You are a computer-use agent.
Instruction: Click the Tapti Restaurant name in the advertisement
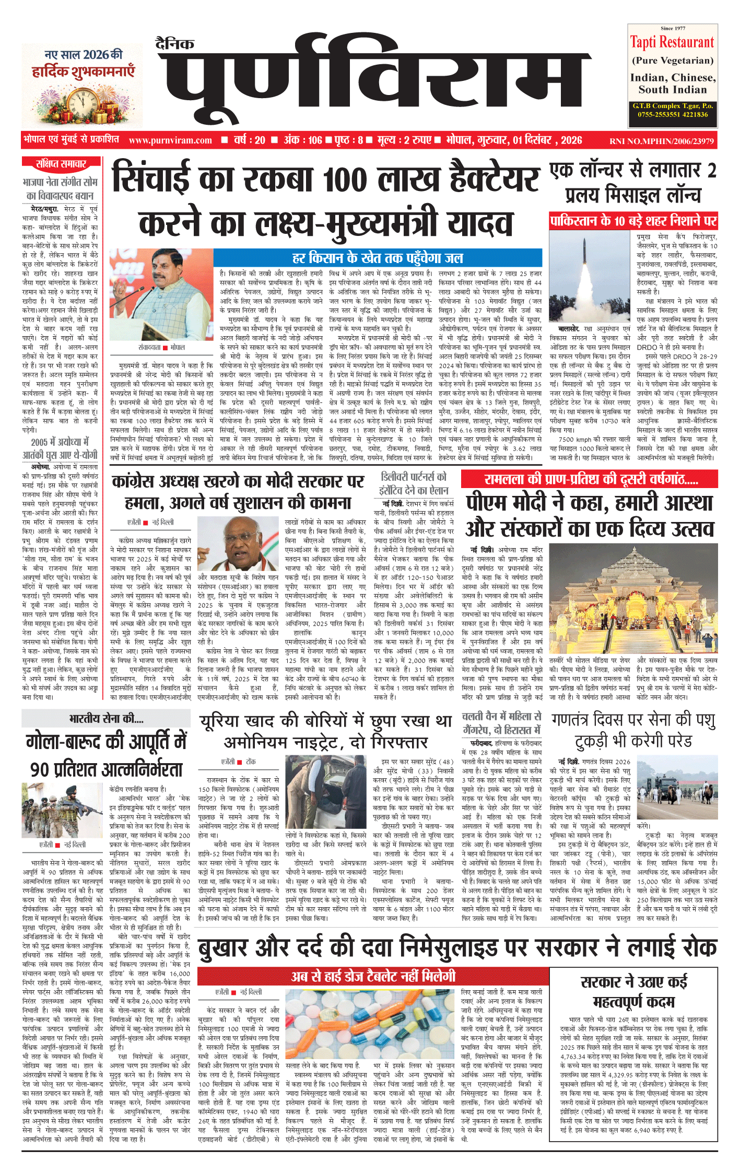point(672,42)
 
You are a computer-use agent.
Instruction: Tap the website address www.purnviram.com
point(170,140)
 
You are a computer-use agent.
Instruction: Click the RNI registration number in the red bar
point(661,141)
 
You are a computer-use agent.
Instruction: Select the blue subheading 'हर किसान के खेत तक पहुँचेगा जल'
point(377,258)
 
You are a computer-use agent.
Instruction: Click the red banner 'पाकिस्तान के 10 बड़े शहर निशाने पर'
point(633,221)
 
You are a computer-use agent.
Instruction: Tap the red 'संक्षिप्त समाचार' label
point(62,164)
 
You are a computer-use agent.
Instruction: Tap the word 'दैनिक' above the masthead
point(175,44)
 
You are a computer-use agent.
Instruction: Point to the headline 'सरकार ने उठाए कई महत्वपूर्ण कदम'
point(634,991)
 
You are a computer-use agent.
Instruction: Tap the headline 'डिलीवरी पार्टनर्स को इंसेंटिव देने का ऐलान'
point(414,483)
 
